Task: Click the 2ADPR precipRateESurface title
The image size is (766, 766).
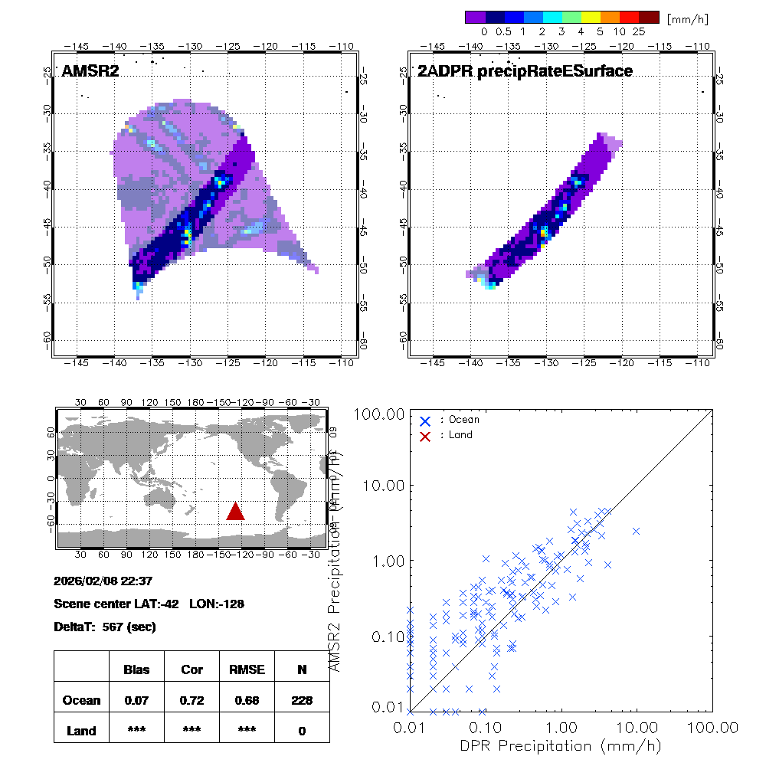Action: tap(525, 71)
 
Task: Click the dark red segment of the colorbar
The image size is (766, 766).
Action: tap(649, 17)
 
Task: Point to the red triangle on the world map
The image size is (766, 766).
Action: tap(235, 511)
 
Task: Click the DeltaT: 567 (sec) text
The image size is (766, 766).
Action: tap(105, 627)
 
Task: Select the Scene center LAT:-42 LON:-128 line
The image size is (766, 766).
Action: tap(149, 604)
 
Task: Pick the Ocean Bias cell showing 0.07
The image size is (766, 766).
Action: tap(136, 700)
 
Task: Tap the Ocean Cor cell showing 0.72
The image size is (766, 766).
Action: tap(191, 700)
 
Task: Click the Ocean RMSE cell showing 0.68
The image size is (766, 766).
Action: tap(246, 700)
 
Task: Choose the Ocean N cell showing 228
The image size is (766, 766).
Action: tap(302, 700)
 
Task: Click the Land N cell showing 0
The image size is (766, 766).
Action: tap(302, 731)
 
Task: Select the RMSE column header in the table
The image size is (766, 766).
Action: tap(246, 669)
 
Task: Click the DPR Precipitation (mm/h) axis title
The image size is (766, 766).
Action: tap(561, 745)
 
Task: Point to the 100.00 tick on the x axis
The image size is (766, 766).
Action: tap(712, 726)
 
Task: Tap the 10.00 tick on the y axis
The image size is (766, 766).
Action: tap(383, 486)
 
